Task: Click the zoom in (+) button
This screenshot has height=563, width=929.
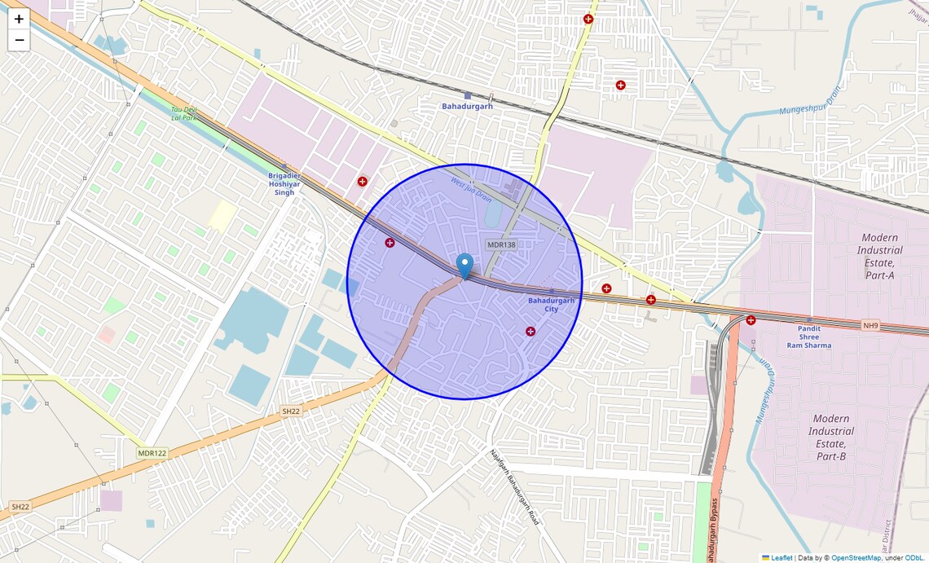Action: point(19,19)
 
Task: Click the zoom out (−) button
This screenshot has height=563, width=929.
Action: point(19,40)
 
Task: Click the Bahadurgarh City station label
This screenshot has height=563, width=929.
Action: point(552,305)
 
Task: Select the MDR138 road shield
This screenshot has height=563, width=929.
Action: point(501,244)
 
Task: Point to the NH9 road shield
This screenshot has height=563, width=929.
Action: point(871,326)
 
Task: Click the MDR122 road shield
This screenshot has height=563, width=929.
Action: point(152,453)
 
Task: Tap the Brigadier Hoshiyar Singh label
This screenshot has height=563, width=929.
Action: point(284,184)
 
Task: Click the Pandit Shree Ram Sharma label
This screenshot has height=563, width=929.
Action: point(808,336)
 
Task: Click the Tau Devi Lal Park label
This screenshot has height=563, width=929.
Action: point(184,113)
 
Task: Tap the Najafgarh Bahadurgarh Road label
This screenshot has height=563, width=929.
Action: point(514,486)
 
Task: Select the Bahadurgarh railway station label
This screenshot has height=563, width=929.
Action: point(467,106)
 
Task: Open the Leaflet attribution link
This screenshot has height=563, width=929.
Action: point(782,558)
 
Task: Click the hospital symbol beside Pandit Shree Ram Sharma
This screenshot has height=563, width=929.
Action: point(751,320)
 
